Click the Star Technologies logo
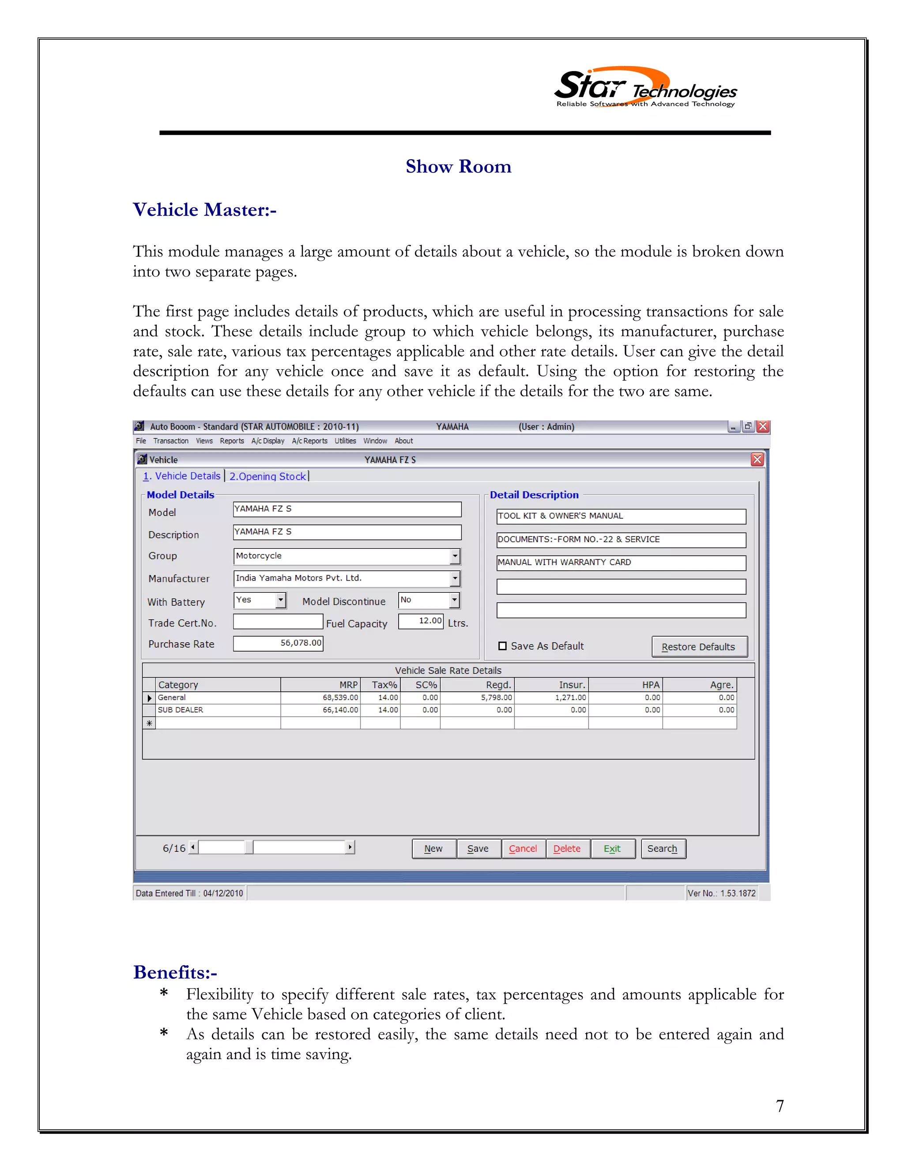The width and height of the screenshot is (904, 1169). point(645,88)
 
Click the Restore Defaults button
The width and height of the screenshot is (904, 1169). point(698,646)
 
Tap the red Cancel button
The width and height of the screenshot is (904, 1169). point(523,848)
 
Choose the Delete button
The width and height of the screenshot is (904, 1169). point(567,848)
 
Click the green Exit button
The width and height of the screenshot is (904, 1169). point(612,848)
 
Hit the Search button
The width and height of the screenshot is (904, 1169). point(663,848)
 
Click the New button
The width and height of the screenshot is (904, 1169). point(433,848)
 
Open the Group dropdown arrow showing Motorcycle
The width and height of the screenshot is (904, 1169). point(455,556)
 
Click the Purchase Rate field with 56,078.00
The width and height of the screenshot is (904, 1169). point(278,643)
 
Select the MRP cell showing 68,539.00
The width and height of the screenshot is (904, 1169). point(320,697)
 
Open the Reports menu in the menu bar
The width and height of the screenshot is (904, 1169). point(232,441)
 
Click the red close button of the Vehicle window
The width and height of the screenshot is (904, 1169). point(757,459)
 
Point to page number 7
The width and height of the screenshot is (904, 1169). point(780,1106)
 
